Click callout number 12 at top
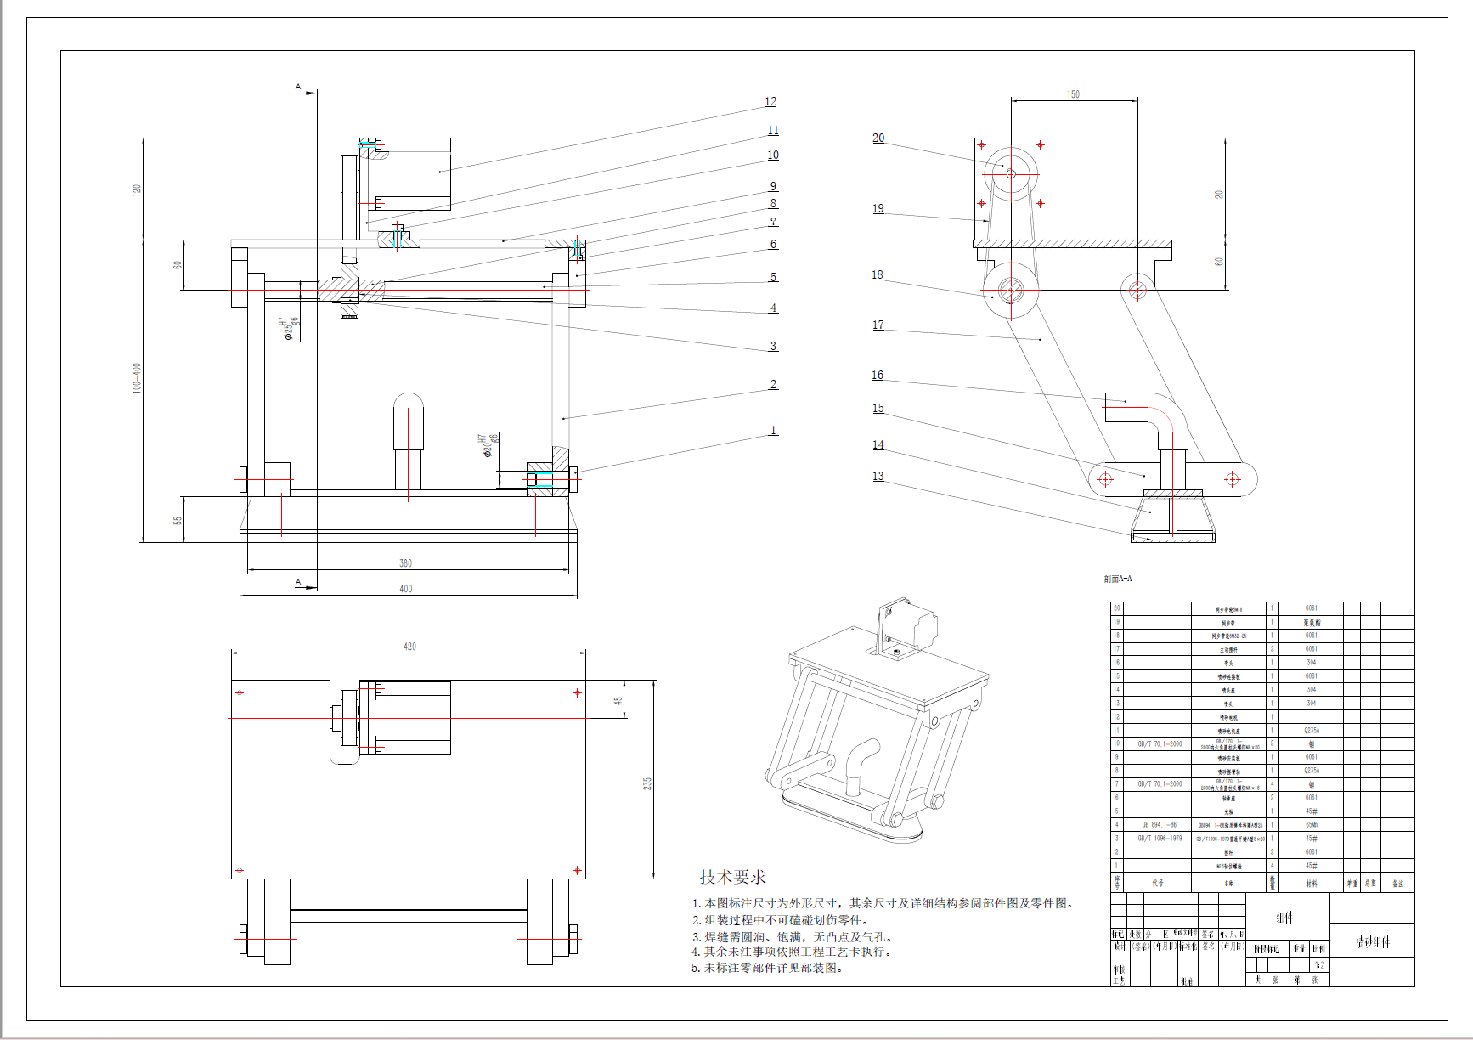(x=770, y=102)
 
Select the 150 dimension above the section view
(x=1074, y=94)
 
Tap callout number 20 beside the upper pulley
(x=878, y=138)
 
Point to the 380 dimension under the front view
(x=406, y=563)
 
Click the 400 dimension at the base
(x=406, y=589)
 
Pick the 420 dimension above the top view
(x=409, y=647)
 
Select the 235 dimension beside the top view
(x=647, y=783)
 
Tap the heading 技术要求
(x=732, y=877)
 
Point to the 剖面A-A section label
(x=1118, y=579)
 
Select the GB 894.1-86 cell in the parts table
(x=1159, y=825)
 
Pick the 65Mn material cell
(x=1312, y=825)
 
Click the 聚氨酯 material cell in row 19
(x=1312, y=623)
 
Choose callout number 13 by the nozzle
(x=878, y=477)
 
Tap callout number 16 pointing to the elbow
(x=878, y=376)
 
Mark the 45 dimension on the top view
(x=618, y=701)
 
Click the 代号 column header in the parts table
(x=1158, y=884)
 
